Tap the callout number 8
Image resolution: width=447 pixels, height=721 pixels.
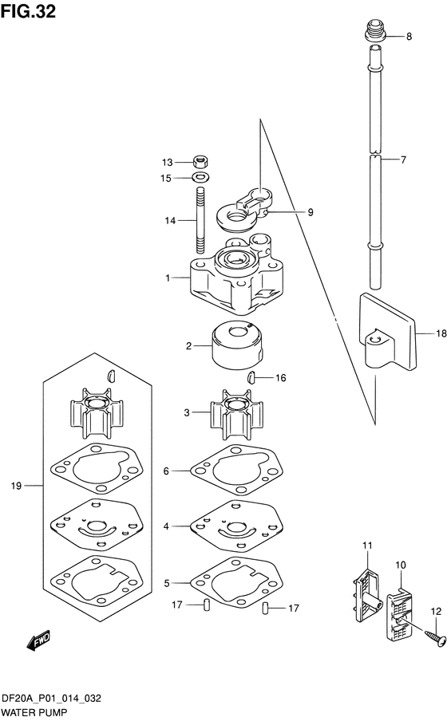pyautogui.click(x=409, y=37)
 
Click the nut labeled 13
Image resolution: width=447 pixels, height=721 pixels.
pyautogui.click(x=201, y=161)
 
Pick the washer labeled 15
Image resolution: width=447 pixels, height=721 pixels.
pyautogui.click(x=201, y=178)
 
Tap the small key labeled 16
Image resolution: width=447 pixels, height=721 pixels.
pyautogui.click(x=251, y=376)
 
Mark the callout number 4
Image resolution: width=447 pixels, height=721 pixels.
pyautogui.click(x=167, y=526)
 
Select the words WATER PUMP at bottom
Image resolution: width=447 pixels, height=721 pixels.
pyautogui.click(x=34, y=709)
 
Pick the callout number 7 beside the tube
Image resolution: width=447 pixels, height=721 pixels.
pyautogui.click(x=403, y=160)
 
